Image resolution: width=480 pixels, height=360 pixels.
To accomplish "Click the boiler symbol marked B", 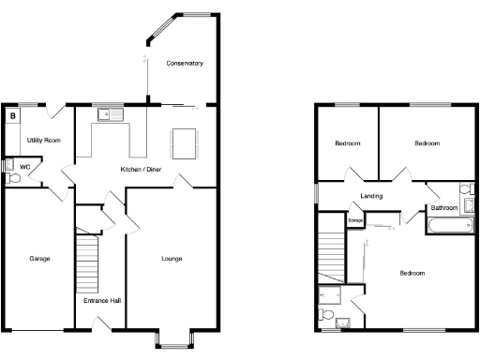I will tap(13, 116).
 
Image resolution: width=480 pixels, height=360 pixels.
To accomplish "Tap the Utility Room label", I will tap(43, 140).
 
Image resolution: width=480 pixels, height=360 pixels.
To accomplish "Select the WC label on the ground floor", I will tap(25, 167).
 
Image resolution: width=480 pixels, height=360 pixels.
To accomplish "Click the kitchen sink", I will tap(110, 116).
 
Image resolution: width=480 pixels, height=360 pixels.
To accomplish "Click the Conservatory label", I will tap(185, 64).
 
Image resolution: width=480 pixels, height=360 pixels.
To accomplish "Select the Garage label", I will tap(39, 259).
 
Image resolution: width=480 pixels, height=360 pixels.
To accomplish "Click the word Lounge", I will tap(172, 259).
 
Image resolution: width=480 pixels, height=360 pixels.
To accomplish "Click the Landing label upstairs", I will tap(370, 196).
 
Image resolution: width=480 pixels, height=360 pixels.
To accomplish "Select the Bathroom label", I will tap(444, 207).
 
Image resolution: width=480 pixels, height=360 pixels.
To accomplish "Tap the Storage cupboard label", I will tap(355, 220).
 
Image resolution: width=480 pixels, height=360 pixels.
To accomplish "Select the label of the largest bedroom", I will tap(412, 273).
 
